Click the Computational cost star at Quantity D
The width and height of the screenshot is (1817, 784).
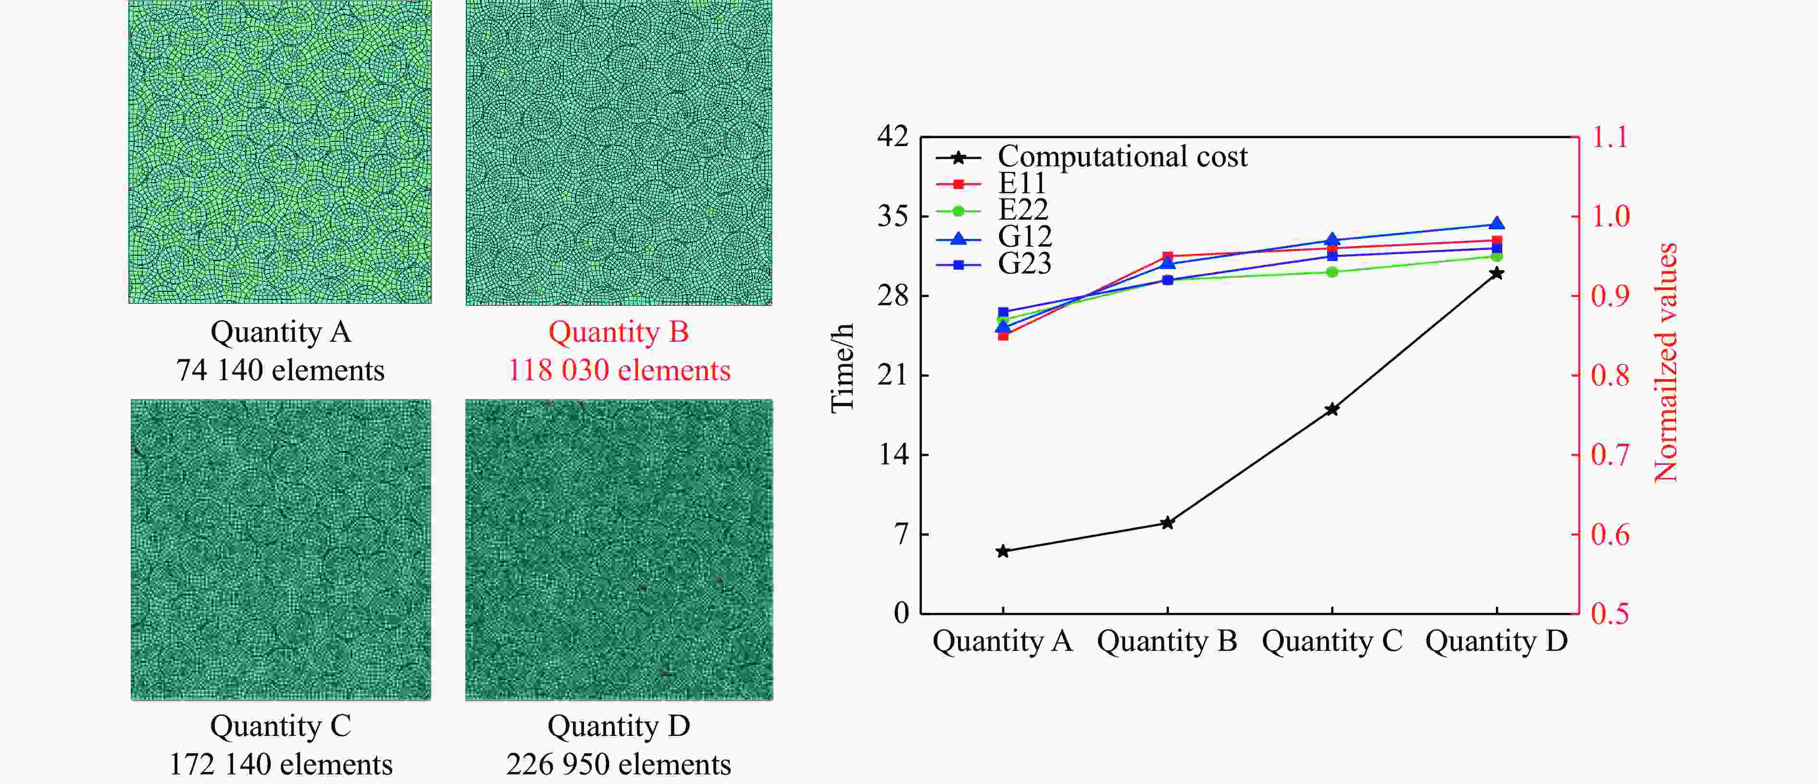click(1496, 273)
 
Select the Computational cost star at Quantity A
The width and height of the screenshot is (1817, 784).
click(1002, 551)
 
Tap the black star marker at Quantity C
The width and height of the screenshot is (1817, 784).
click(1332, 409)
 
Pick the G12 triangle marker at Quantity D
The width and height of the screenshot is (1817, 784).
click(1496, 224)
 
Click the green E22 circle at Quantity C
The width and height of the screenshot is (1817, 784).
click(1332, 272)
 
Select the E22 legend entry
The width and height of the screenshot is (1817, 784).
click(1023, 210)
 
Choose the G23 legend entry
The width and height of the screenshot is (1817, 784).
click(1024, 264)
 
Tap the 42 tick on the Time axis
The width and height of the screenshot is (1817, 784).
click(893, 136)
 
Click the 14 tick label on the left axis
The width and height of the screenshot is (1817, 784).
click(893, 454)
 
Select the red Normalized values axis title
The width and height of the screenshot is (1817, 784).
click(1666, 363)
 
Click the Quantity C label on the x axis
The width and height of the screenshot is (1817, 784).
click(1332, 641)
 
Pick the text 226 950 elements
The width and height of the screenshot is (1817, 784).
click(619, 764)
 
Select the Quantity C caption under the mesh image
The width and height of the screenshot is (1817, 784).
click(280, 726)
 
